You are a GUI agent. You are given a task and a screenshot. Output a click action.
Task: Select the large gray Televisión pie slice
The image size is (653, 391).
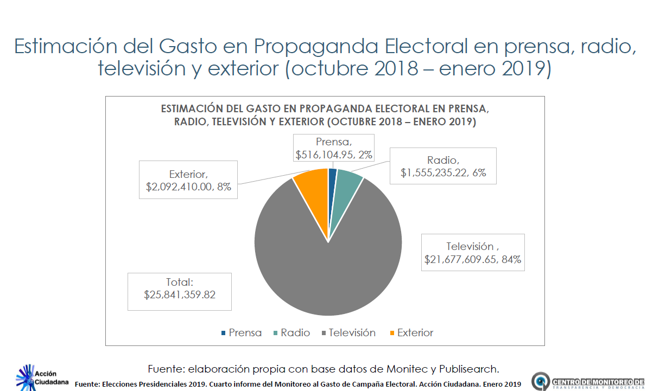(x=328, y=266)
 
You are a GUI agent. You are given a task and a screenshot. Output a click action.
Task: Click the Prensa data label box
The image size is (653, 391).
(x=334, y=148)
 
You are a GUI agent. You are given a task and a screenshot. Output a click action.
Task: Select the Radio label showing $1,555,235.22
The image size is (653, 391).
(x=443, y=166)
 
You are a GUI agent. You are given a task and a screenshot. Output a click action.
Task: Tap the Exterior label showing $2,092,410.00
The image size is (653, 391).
(x=188, y=180)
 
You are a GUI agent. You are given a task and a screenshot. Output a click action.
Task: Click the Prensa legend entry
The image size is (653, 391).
(x=241, y=333)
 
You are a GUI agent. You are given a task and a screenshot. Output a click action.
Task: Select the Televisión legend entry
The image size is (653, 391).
(x=347, y=333)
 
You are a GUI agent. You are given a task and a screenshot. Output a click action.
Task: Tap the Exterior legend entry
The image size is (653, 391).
(x=410, y=333)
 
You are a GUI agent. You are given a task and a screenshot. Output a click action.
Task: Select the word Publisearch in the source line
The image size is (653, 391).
(x=468, y=369)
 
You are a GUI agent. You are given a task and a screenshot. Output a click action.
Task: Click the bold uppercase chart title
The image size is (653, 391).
(x=325, y=115)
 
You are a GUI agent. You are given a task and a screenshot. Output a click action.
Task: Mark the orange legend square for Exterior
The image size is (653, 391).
(x=392, y=333)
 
